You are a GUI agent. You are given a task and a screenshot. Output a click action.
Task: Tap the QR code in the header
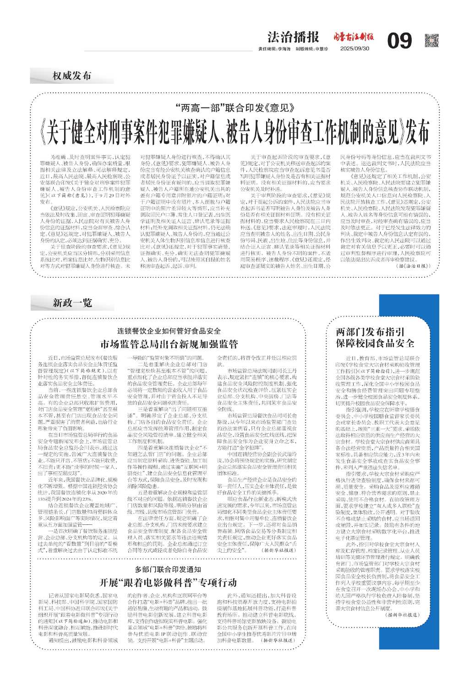(x=431, y=40)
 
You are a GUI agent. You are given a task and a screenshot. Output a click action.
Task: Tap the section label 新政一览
(x=72, y=302)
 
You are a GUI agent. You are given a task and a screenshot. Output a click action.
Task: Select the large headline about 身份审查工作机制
(x=234, y=132)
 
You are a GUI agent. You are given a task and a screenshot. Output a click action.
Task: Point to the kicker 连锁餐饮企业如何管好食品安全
(x=169, y=331)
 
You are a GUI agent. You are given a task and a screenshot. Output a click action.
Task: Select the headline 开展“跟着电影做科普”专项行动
(x=169, y=582)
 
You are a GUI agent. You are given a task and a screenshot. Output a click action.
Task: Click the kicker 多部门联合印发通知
(x=169, y=569)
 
